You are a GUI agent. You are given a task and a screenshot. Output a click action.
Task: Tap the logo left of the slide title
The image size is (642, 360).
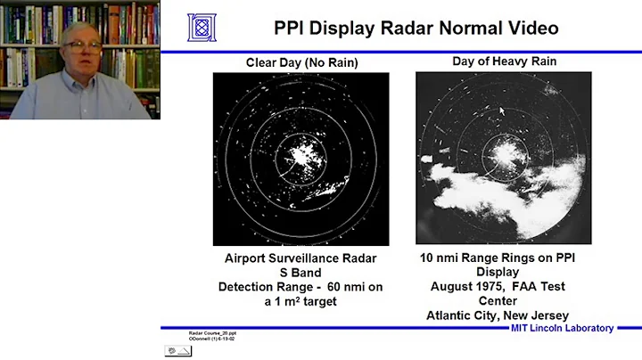[202, 27]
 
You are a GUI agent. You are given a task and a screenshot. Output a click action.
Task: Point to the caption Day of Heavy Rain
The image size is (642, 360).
[504, 62]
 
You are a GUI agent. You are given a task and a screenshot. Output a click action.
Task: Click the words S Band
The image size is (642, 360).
[300, 274]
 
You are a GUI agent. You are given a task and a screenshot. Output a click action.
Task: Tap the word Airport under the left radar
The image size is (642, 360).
[251, 259]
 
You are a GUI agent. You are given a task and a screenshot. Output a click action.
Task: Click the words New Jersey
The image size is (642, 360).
[538, 315]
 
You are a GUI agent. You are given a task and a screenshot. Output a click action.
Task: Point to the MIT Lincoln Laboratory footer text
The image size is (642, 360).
[562, 328]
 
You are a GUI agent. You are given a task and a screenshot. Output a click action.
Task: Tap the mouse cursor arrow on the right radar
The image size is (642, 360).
[501, 110]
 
